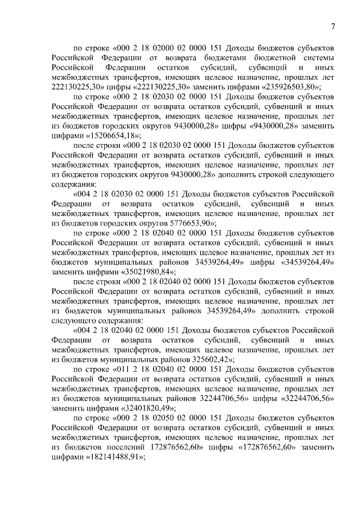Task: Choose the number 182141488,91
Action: tap(115, 457)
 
